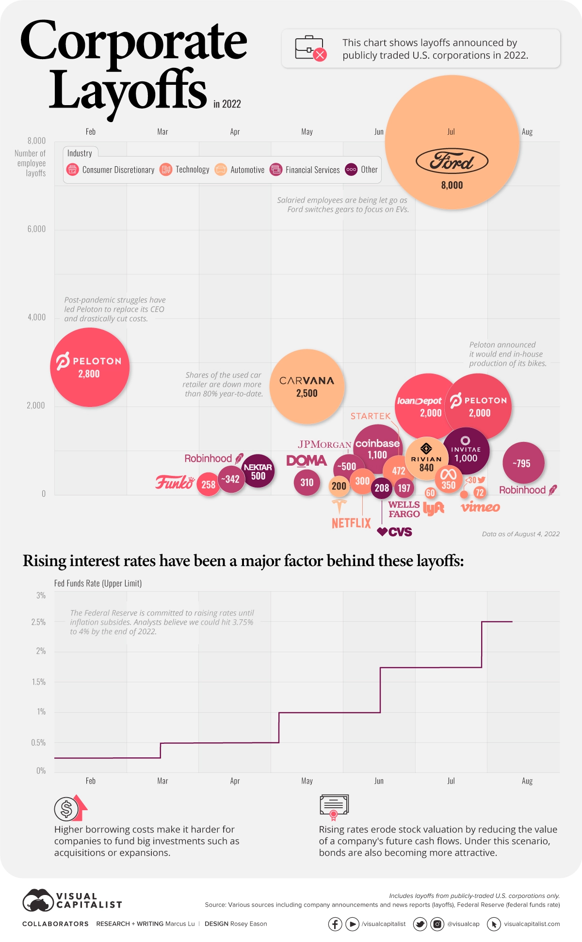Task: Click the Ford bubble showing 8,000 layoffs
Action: [x=452, y=142]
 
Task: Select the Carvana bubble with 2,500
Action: [x=307, y=386]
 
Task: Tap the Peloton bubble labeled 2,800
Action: [x=90, y=367]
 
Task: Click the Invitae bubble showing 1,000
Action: [x=466, y=451]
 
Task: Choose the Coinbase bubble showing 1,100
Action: [x=377, y=448]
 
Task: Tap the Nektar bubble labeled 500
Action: [x=258, y=471]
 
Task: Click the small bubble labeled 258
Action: [x=208, y=484]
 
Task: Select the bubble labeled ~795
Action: [x=523, y=463]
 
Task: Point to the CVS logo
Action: [x=395, y=532]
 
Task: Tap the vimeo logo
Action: [x=480, y=507]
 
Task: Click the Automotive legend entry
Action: [x=241, y=170]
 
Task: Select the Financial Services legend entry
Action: [x=306, y=170]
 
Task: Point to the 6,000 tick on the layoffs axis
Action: [x=36, y=229]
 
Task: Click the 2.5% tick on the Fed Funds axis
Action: [x=38, y=622]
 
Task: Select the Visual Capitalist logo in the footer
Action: [x=72, y=900]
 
